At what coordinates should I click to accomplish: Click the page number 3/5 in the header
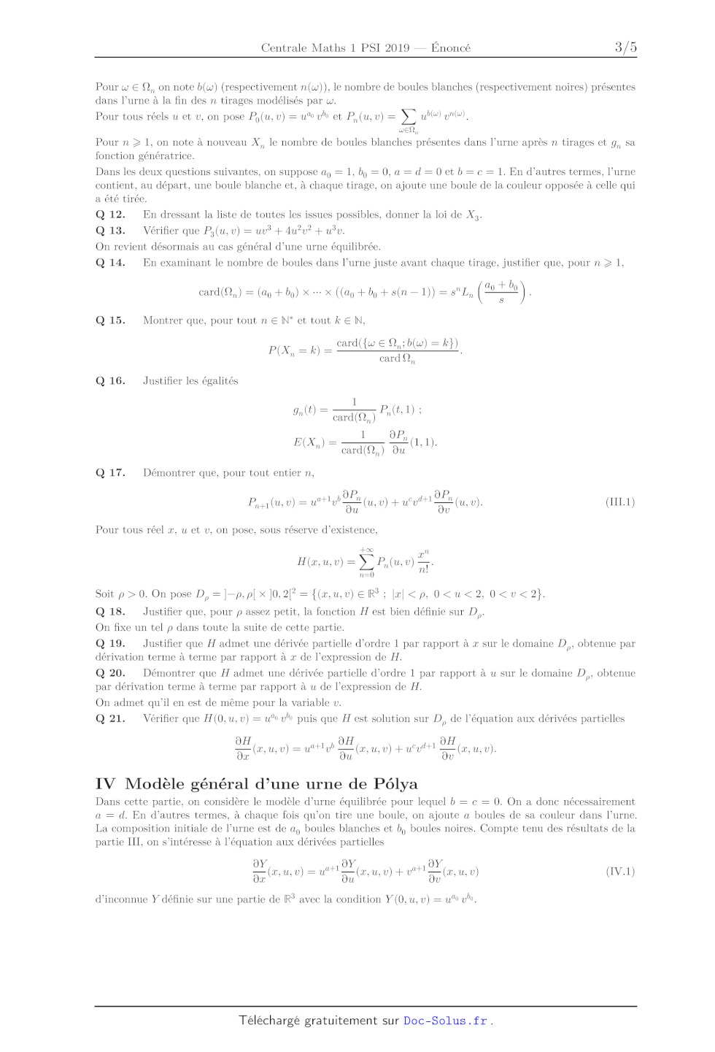point(625,47)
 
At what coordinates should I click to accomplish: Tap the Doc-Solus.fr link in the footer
point(445,1021)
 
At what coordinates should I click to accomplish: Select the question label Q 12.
point(110,215)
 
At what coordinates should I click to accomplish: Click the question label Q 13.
point(110,231)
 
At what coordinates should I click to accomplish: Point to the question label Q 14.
point(110,263)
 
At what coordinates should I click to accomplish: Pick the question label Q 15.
point(110,320)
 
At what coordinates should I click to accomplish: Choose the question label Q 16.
point(110,381)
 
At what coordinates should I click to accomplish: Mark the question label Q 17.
point(110,473)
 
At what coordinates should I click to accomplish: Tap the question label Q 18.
point(110,612)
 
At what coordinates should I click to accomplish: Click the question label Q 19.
point(110,644)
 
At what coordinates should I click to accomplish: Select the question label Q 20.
point(110,673)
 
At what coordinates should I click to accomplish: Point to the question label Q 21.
point(110,719)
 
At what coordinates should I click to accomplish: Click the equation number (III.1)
point(620,502)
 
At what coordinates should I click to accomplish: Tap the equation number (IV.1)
point(620,872)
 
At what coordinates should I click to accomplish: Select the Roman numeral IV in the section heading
point(105,784)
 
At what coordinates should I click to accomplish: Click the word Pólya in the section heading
point(395,784)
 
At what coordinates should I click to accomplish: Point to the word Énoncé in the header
point(451,48)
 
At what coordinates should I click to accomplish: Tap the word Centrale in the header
point(284,48)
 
